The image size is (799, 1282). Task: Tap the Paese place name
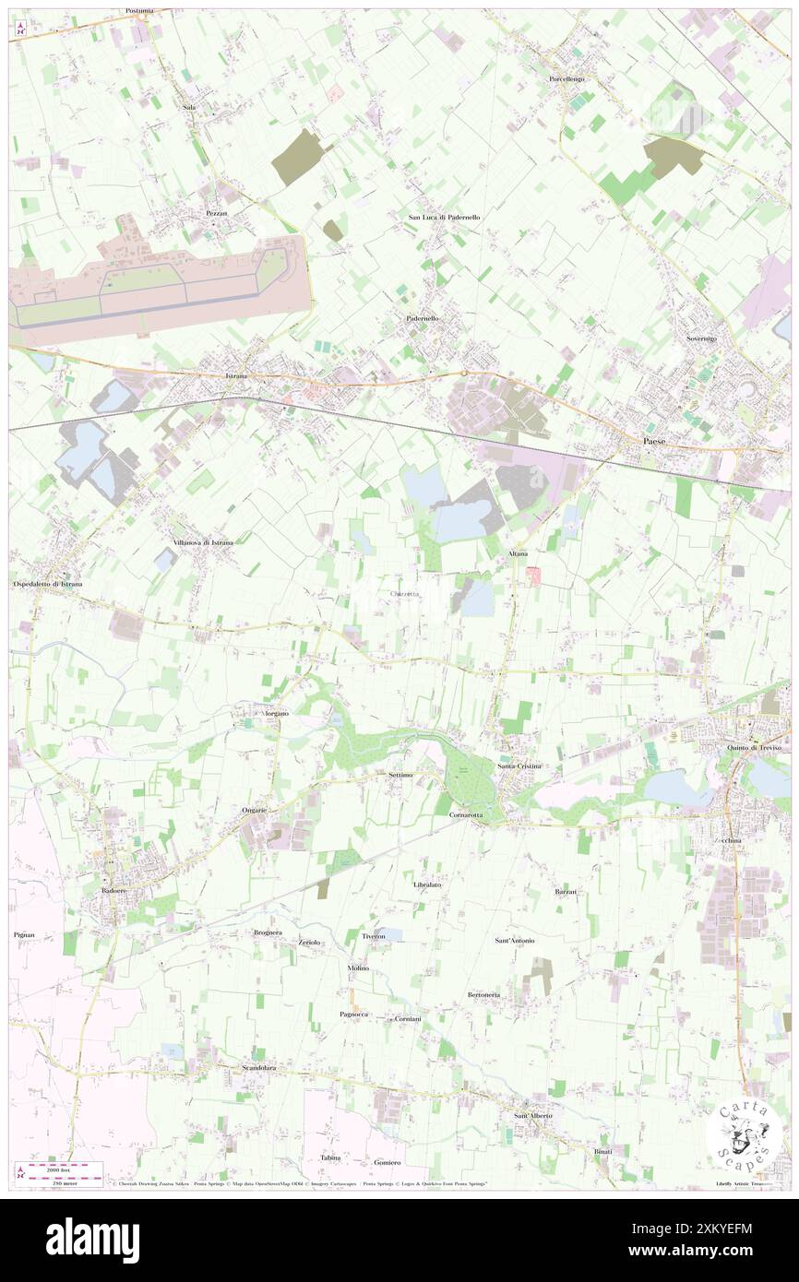click(x=654, y=442)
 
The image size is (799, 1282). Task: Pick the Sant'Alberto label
click(x=532, y=1115)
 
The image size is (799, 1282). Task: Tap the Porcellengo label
click(x=566, y=79)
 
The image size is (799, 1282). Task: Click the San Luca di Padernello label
click(x=445, y=217)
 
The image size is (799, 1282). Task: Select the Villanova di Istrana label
click(x=202, y=542)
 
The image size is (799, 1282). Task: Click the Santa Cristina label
click(x=519, y=766)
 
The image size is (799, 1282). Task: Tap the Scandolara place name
click(x=259, y=1068)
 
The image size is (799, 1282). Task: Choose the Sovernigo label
click(x=701, y=338)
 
